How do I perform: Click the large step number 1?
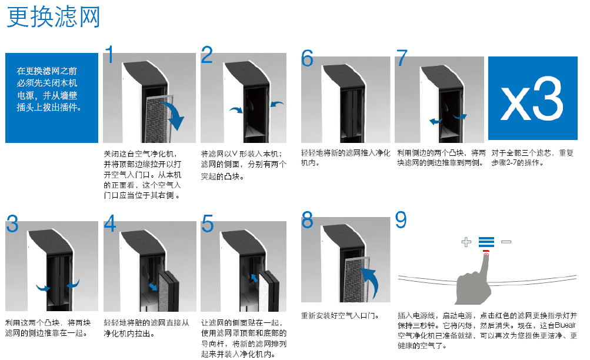[x=109, y=55]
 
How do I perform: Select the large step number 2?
[x=207, y=55]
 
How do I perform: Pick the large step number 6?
[x=308, y=58]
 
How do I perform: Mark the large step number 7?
[x=402, y=58]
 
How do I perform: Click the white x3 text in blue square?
[x=532, y=98]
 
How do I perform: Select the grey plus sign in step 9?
[x=466, y=241]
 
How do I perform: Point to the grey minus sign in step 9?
[x=506, y=241]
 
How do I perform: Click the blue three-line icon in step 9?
[x=486, y=241]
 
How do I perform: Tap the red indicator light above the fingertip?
[x=486, y=253]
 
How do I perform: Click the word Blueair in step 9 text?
[x=565, y=325]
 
